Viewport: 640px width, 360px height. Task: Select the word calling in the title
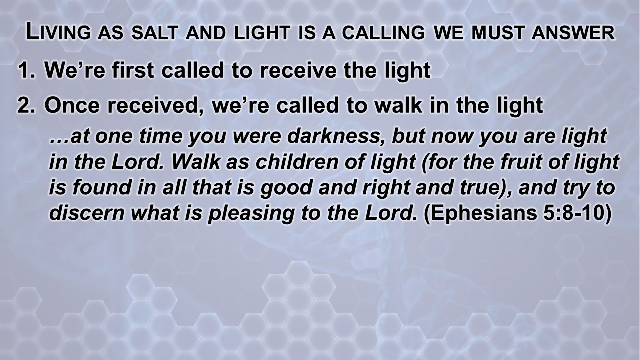tap(383, 33)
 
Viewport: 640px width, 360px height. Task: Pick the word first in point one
tap(133, 70)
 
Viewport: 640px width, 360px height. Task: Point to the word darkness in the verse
tap(338, 136)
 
